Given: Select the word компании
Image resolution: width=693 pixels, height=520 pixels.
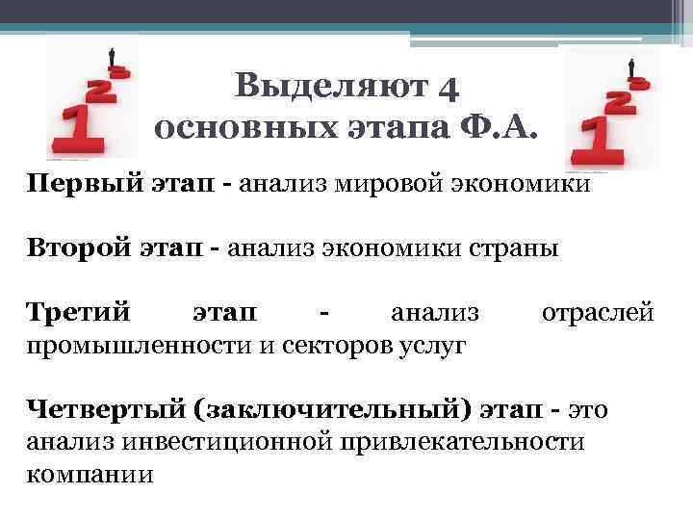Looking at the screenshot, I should click(89, 473).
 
